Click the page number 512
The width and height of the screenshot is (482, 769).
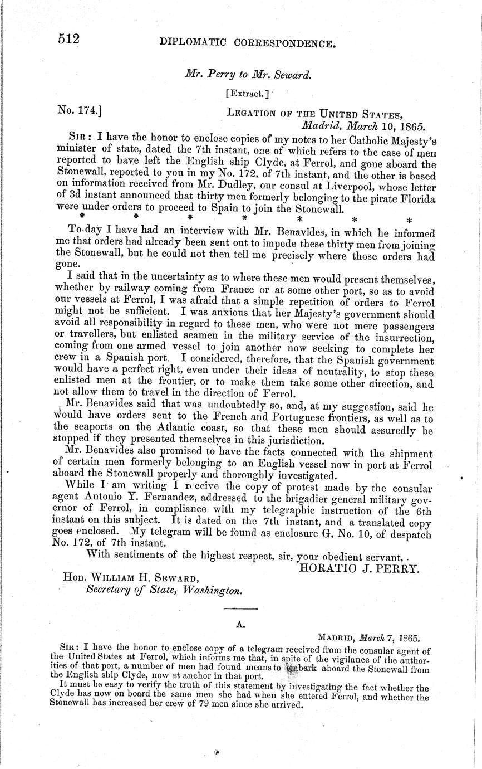[x=70, y=38]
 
